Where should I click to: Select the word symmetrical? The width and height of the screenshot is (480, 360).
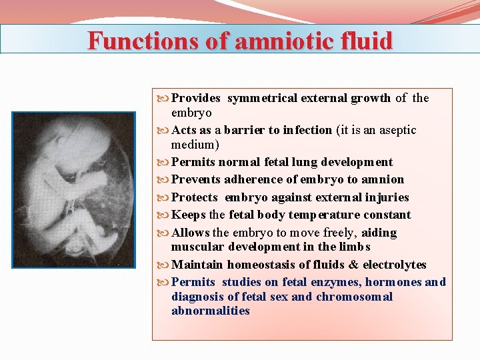(x=262, y=98)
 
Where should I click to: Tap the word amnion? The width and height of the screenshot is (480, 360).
(x=383, y=179)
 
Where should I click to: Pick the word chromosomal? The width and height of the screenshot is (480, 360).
(x=354, y=297)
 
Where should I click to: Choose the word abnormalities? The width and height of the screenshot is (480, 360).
(x=210, y=311)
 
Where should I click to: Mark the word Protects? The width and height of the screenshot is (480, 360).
(x=195, y=197)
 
